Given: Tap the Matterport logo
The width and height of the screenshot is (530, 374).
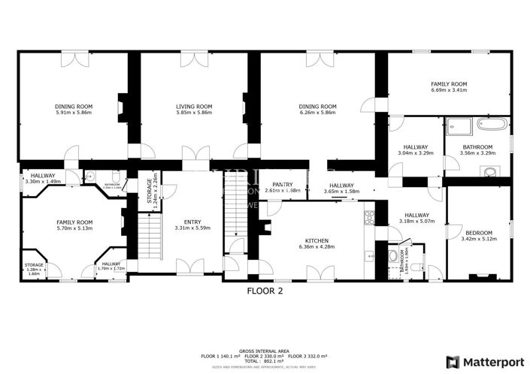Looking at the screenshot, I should [x=482, y=360].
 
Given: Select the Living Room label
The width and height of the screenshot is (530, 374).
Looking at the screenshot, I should [x=194, y=107].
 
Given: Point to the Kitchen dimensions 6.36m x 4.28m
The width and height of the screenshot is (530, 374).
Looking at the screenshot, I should [x=316, y=247].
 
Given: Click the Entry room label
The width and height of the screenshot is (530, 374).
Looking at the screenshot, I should [x=192, y=222].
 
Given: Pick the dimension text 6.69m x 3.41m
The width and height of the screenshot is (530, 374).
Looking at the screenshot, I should [x=449, y=90].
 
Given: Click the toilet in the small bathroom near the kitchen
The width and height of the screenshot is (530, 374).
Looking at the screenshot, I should [x=394, y=255].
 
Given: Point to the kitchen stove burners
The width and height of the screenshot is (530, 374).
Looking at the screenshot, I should [x=369, y=219].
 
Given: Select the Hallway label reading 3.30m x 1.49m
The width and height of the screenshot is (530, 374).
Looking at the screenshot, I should [x=42, y=181].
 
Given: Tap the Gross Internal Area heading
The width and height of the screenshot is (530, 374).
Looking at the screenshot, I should [x=265, y=350].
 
